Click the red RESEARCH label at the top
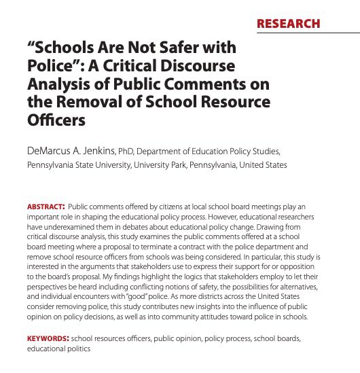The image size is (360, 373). click(x=288, y=24)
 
